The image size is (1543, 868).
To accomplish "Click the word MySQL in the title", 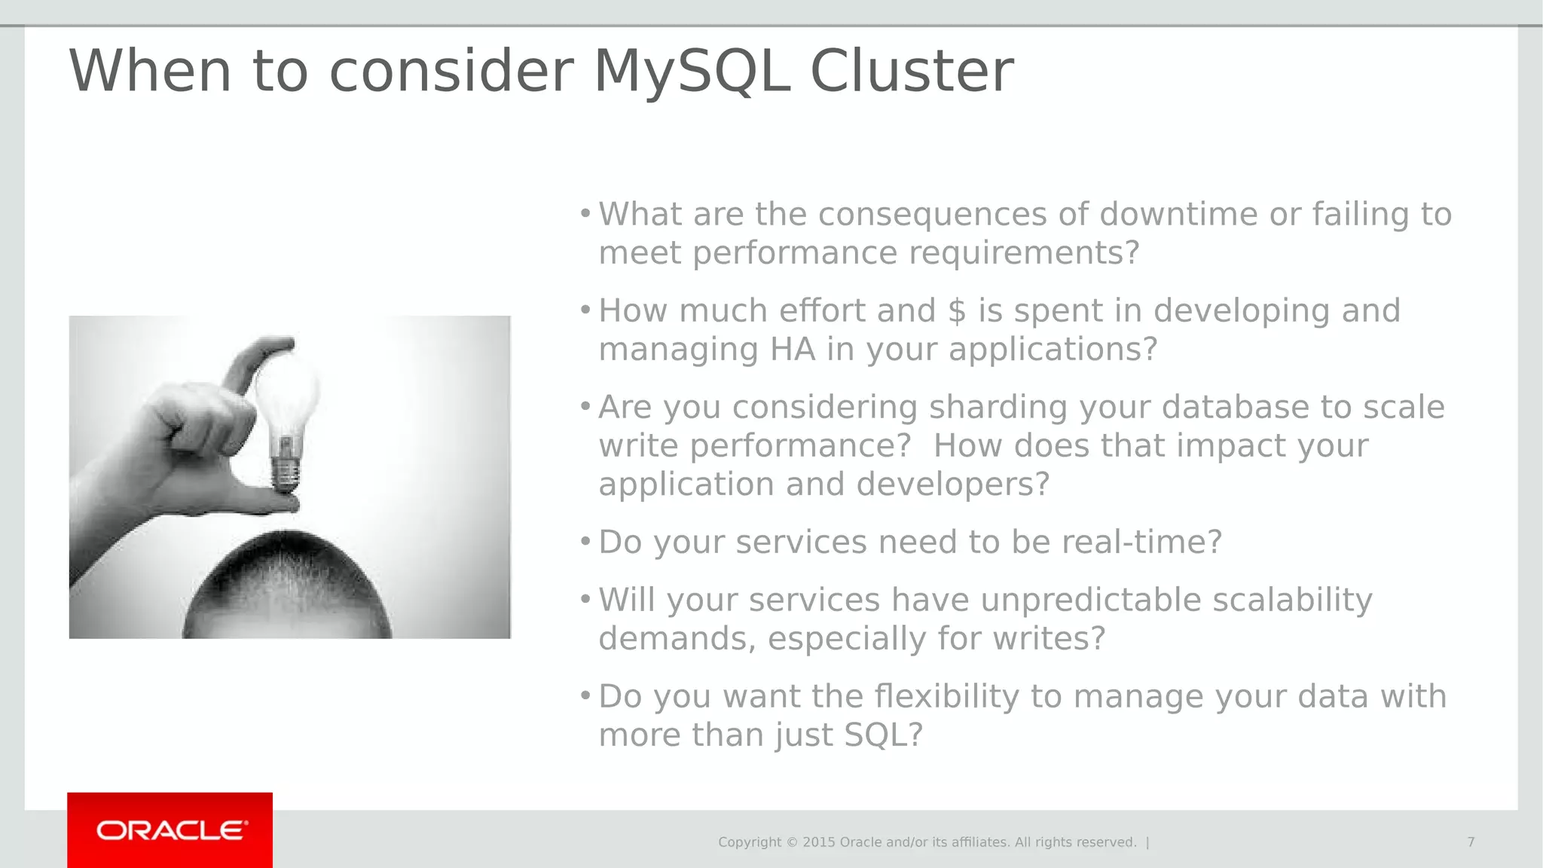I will tap(692, 72).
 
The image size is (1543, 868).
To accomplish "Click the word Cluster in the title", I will tap(911, 72).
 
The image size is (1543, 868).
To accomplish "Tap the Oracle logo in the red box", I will tap(172, 830).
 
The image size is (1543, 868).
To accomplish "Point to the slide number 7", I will tap(1470, 842).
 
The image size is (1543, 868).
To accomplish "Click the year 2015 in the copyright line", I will tap(819, 842).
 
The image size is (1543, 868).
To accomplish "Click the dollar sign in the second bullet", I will tap(956, 311).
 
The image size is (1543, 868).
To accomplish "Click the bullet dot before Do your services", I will tap(585, 541).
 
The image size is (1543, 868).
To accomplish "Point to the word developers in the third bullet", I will tap(952, 484).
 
